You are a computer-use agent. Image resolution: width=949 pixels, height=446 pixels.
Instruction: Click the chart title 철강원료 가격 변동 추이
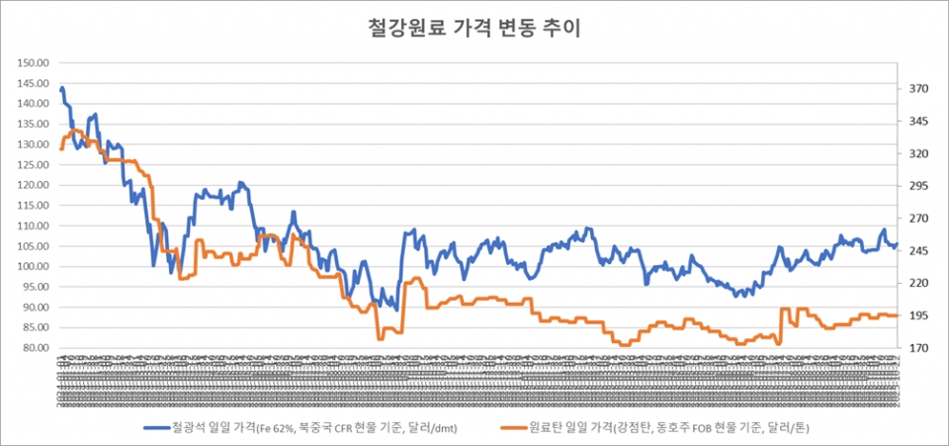coord(474,28)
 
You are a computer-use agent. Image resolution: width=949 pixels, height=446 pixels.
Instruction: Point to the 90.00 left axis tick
coord(36,308)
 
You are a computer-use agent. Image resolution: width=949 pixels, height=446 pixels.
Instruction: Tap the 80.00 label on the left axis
coord(36,348)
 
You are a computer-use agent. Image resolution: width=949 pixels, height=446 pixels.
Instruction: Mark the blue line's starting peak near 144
coord(62,89)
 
